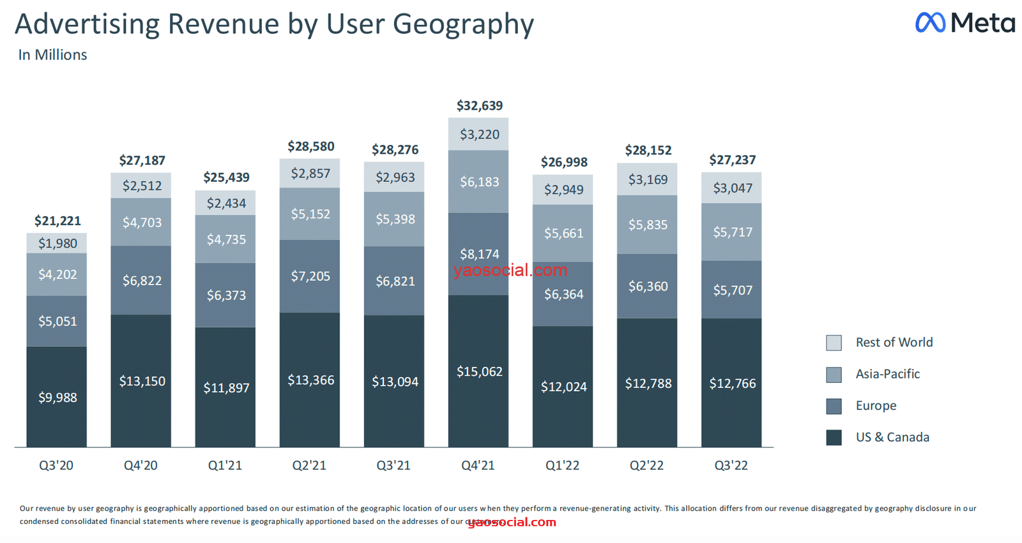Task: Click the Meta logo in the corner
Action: pos(965,23)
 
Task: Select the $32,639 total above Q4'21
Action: pos(479,106)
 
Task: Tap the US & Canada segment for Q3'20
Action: pos(57,397)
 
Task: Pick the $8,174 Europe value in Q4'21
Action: pos(479,254)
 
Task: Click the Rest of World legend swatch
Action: pos(834,343)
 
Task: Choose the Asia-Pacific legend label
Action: pos(887,374)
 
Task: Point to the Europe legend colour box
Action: pos(834,406)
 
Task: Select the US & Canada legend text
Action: pos(892,437)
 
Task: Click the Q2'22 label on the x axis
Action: pos(646,465)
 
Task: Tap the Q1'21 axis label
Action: pos(225,465)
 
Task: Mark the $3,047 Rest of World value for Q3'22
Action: pos(732,188)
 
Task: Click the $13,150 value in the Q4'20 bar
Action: pos(142,381)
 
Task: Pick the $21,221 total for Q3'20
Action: pos(57,221)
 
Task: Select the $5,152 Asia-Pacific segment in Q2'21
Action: pos(310,214)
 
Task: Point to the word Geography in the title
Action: pos(462,24)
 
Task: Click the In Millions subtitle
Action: pos(52,55)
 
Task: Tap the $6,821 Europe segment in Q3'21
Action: pos(395,281)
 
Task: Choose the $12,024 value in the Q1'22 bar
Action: pos(563,387)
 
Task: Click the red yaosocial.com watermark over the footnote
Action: pos(512,522)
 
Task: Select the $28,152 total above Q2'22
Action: pos(648,151)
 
